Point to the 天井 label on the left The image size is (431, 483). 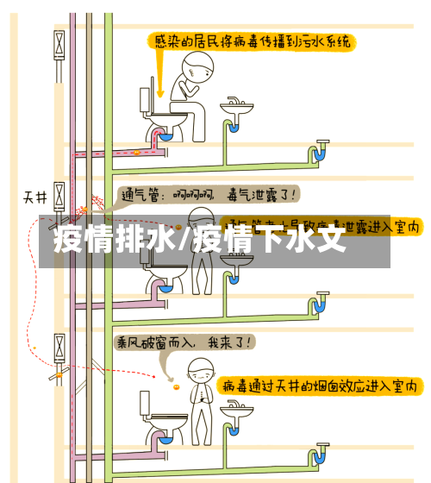(34, 197)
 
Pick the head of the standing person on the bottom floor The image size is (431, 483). (200, 370)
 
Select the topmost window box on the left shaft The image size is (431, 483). (59, 44)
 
